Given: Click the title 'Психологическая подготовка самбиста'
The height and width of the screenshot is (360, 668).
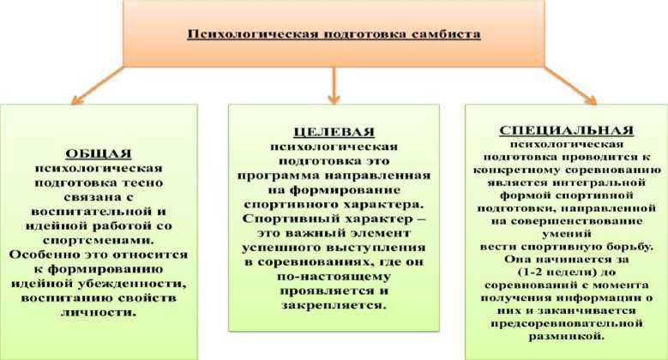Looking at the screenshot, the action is tap(334, 35).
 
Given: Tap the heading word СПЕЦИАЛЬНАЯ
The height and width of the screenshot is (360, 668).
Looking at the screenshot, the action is tap(565, 131).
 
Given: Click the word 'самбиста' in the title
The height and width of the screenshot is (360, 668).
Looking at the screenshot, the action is tap(450, 35).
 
